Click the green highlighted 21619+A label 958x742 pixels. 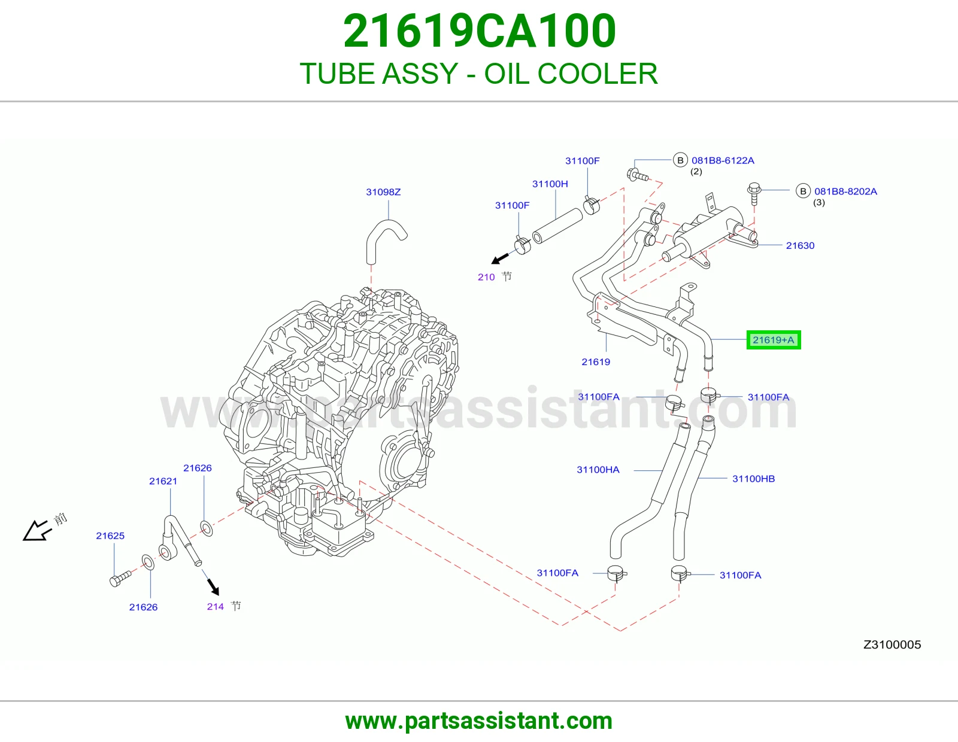click(773, 340)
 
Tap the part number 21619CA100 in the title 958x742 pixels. click(479, 31)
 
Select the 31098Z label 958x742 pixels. click(383, 192)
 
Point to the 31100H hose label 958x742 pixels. click(550, 184)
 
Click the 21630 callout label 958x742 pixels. click(800, 246)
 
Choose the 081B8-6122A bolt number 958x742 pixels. click(723, 161)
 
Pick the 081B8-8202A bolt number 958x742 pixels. click(845, 191)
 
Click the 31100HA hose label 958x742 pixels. click(598, 470)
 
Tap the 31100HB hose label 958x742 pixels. click(753, 479)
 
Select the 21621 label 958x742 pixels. click(163, 481)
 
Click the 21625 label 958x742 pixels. click(110, 536)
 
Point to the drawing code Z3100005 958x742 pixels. click(892, 644)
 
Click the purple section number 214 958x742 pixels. click(215, 607)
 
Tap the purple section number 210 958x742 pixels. click(486, 277)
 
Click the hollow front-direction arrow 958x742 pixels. click(37, 530)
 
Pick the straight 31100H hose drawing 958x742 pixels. click(557, 226)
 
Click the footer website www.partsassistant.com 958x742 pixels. click(479, 721)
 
